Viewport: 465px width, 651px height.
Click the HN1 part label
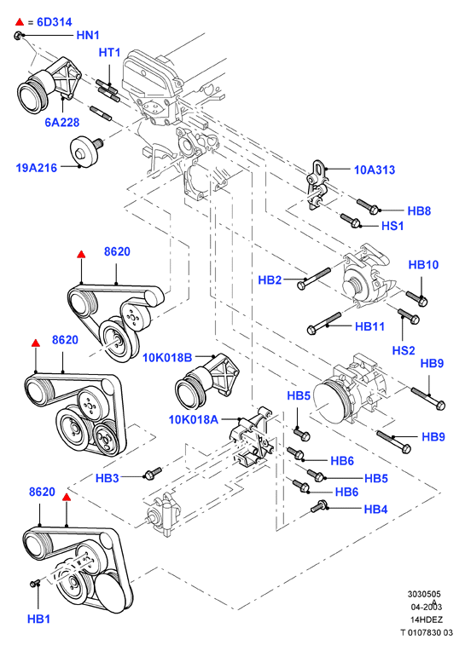[x=88, y=35]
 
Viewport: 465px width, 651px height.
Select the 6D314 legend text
[x=55, y=22]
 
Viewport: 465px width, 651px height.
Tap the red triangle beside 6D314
[x=20, y=21]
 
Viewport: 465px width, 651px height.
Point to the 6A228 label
[x=62, y=123]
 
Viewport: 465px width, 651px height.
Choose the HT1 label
[x=109, y=52]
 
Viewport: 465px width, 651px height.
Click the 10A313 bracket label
[x=375, y=170]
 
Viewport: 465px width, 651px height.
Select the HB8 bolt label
[x=419, y=210]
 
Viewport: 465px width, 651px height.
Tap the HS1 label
[x=392, y=226]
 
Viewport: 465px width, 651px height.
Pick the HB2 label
[x=270, y=279]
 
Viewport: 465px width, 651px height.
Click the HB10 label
[x=423, y=264]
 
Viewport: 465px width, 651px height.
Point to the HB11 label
[x=369, y=326]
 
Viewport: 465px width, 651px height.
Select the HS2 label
[x=404, y=350]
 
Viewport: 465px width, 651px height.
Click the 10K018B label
[x=167, y=358]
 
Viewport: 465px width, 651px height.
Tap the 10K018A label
[x=193, y=420]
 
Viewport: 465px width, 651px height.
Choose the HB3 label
[x=108, y=478]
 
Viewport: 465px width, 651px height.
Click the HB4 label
[x=375, y=509]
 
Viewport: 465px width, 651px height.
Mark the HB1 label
[x=38, y=619]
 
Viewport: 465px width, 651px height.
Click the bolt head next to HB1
[x=33, y=584]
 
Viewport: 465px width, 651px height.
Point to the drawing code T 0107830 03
[x=427, y=633]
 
